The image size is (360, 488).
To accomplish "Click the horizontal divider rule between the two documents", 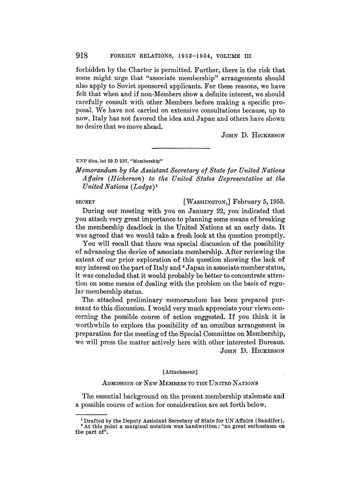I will click(x=181, y=148).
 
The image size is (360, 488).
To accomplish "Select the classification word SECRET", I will click(x=86, y=202).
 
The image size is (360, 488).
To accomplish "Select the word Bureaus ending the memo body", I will click(x=271, y=342).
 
